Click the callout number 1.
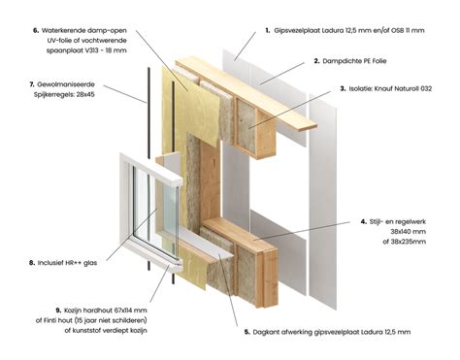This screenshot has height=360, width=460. point(267,30)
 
